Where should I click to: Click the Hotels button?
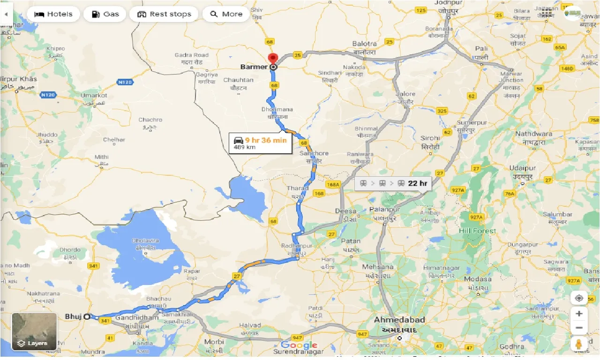click(x=53, y=14)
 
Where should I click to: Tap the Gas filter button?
click(x=105, y=14)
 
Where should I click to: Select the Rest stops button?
click(x=164, y=14)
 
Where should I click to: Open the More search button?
click(x=226, y=14)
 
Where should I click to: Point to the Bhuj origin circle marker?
click(x=87, y=316)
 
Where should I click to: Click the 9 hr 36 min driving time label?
click(x=266, y=140)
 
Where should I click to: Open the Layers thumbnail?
click(x=34, y=332)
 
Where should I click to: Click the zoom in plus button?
click(x=579, y=313)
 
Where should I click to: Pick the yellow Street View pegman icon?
click(x=579, y=343)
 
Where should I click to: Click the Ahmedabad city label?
click(x=399, y=320)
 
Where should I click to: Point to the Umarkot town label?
click(x=94, y=96)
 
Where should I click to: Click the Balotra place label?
click(x=364, y=44)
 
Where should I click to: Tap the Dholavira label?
click(x=145, y=240)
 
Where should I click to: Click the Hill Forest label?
click(x=477, y=231)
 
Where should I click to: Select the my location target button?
click(x=579, y=298)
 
